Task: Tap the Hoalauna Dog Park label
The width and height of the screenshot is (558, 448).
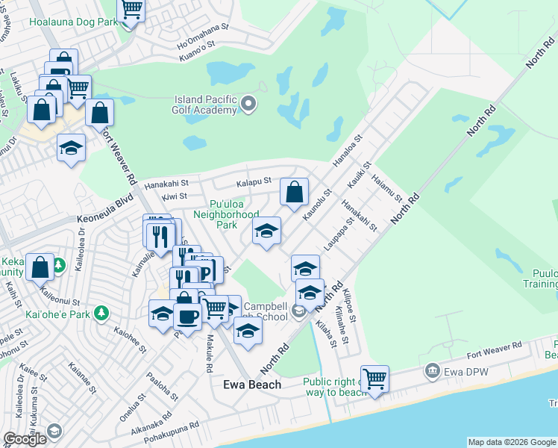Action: click(x=73, y=22)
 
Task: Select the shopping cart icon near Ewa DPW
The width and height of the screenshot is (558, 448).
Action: click(x=374, y=379)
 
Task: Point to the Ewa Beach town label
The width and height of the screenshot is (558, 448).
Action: click(x=253, y=385)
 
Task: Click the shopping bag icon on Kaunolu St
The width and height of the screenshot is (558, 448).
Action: click(x=295, y=192)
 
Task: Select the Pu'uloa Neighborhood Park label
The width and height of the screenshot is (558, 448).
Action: click(x=226, y=214)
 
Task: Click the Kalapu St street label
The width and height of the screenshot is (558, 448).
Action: click(x=253, y=181)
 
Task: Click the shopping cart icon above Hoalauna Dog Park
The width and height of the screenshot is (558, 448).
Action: click(x=131, y=9)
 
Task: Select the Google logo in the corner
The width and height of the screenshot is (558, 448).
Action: click(x=25, y=439)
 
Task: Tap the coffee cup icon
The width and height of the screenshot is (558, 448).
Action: click(x=187, y=316)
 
